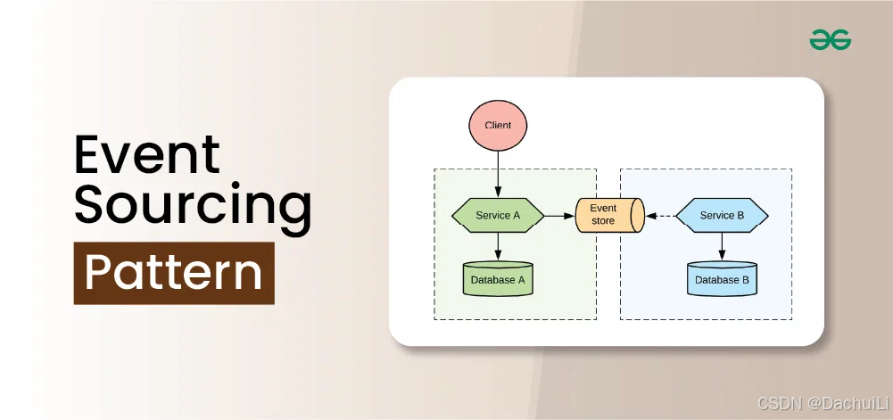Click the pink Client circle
[x=498, y=126]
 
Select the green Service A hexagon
[x=498, y=215]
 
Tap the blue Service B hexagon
[x=722, y=215]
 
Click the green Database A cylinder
[x=498, y=279]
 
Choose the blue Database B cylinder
[x=722, y=279]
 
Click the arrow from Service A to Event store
[x=559, y=215]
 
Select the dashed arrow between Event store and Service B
[x=660, y=215]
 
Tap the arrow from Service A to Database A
[x=498, y=247]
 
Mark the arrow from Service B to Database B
[x=722, y=247]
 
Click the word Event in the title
[x=147, y=155]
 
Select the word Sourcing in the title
[x=193, y=206]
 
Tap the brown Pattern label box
[x=174, y=273]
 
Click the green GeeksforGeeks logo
[x=830, y=39]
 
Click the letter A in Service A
[x=517, y=215]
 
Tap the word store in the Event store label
[x=603, y=221]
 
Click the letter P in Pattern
[x=97, y=273]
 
